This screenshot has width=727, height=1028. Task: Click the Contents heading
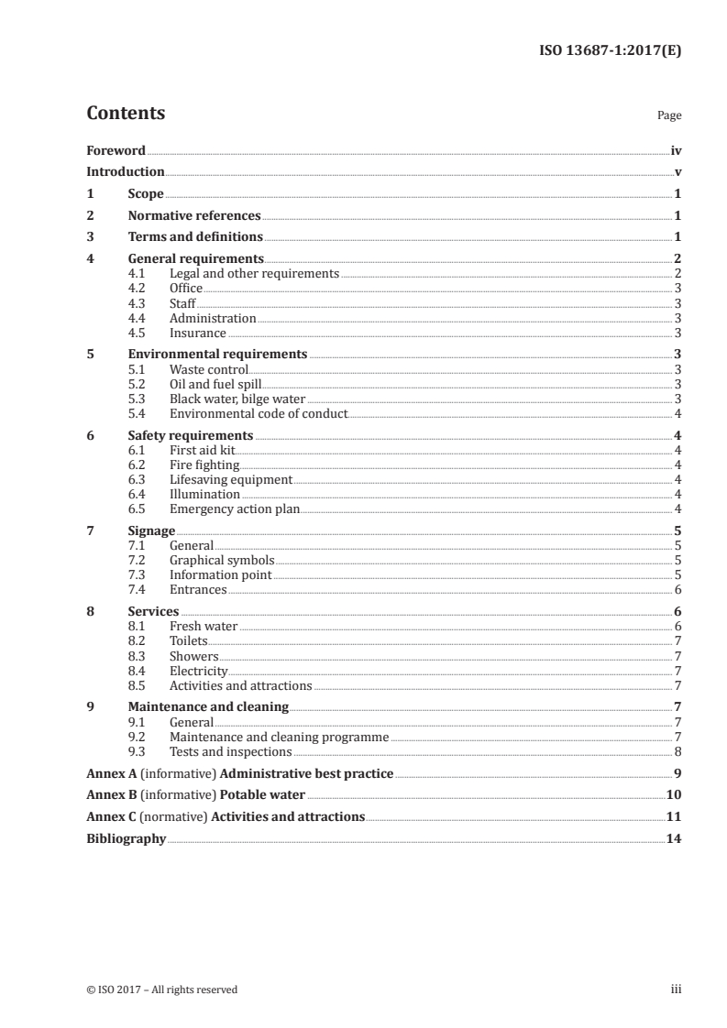(126, 114)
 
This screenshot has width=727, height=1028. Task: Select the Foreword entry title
(116, 150)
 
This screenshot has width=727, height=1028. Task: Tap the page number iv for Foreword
(676, 150)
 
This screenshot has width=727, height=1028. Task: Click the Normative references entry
(194, 216)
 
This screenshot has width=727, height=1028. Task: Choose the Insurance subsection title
(197, 333)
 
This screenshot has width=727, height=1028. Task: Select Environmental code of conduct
(258, 413)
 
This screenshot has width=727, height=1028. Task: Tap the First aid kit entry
(203, 450)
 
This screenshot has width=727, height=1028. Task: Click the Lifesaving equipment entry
(230, 479)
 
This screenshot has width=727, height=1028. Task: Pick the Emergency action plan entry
(234, 509)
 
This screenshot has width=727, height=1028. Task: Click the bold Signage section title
(151, 530)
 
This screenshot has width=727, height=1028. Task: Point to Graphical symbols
(221, 560)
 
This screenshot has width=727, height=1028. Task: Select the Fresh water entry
(203, 626)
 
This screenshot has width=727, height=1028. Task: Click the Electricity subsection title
(198, 671)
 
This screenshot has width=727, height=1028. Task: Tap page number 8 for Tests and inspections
(677, 751)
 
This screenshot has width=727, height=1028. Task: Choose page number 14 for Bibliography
(673, 838)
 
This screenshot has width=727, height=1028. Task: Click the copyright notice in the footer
(161, 990)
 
